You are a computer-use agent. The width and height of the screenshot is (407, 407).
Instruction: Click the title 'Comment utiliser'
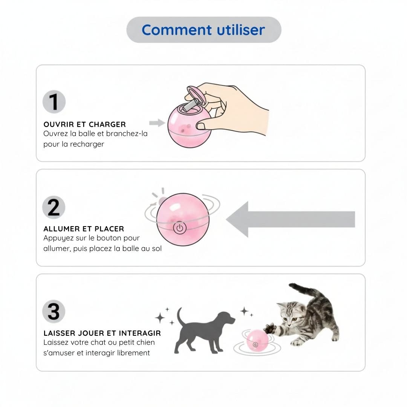203,30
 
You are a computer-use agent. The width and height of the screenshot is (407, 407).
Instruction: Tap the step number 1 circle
54,102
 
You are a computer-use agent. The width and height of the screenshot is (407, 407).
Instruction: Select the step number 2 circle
54,207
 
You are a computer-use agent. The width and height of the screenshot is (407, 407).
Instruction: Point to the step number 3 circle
54,312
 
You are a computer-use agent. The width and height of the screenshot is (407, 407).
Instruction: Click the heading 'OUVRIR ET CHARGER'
85,124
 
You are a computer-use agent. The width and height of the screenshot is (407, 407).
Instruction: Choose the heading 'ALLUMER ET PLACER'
84,229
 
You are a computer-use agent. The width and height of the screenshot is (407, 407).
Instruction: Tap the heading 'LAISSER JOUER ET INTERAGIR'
102,333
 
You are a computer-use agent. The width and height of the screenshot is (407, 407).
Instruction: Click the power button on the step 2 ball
180,228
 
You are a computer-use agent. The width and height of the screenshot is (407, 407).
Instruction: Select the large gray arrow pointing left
291,219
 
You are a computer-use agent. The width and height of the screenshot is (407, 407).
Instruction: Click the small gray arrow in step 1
157,123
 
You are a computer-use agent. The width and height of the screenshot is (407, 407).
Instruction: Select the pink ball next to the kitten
257,340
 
